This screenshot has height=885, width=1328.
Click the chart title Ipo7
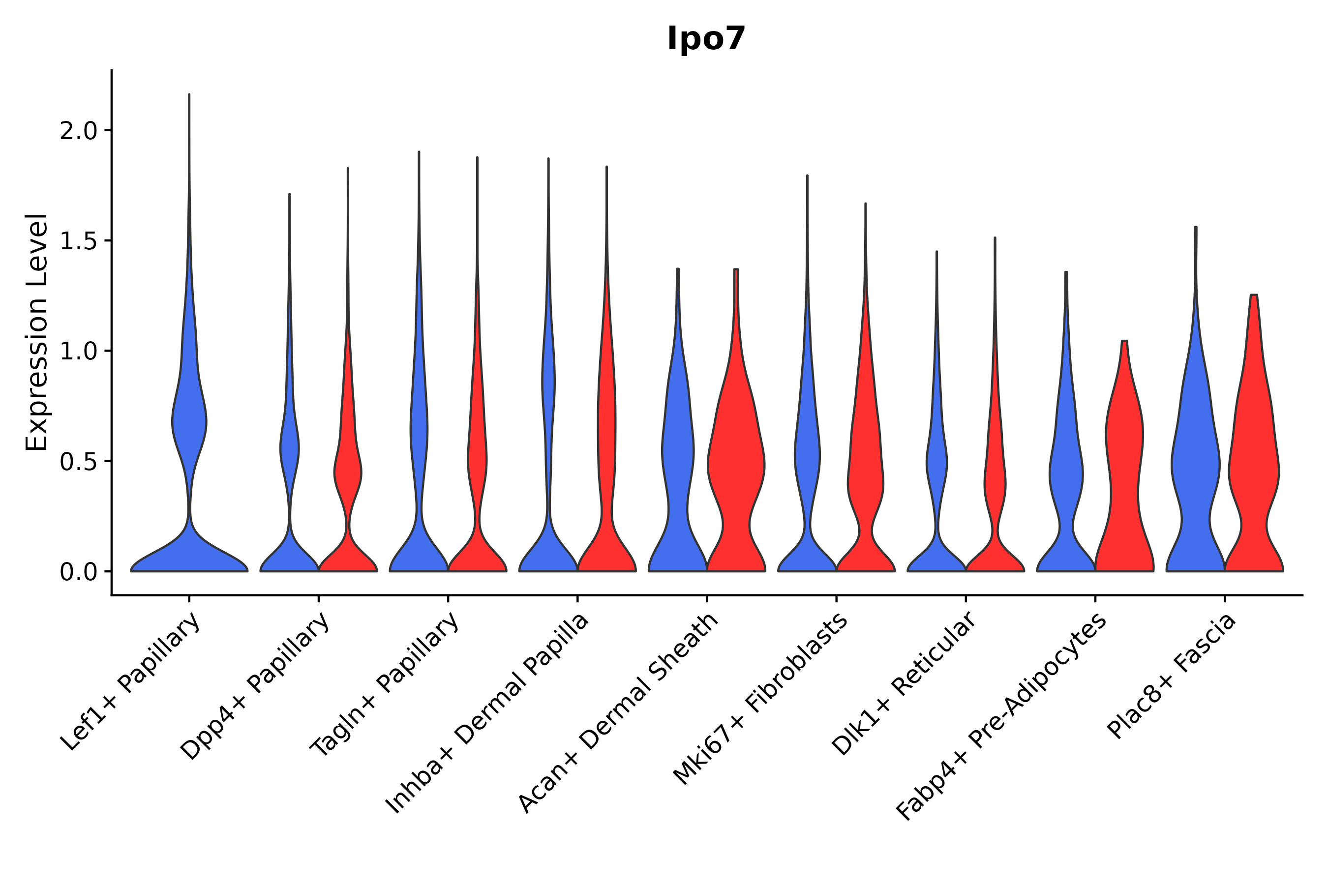pos(706,39)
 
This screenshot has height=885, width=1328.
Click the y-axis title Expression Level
pos(37,332)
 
